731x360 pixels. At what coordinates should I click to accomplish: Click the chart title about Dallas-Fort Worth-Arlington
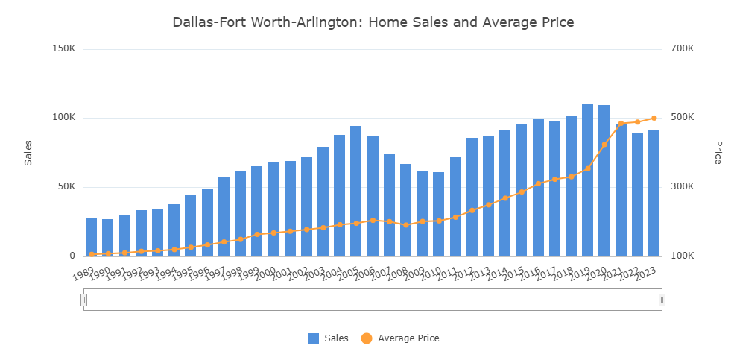pyautogui.click(x=373, y=22)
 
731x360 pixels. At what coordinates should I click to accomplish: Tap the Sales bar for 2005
pyautogui.click(x=355, y=191)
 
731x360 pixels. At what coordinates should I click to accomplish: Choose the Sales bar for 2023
pyautogui.click(x=654, y=193)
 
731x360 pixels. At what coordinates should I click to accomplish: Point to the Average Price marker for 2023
pyautogui.click(x=654, y=118)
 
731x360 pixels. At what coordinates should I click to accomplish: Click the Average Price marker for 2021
pyautogui.click(x=621, y=124)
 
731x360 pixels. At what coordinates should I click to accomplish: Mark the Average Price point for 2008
pyautogui.click(x=405, y=224)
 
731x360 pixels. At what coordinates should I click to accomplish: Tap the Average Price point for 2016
pyautogui.click(x=538, y=183)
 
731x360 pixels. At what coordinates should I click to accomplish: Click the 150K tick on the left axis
pyautogui.click(x=65, y=49)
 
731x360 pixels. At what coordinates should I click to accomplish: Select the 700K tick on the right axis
pyautogui.click(x=682, y=49)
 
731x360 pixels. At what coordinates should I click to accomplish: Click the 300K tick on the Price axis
pyautogui.click(x=682, y=187)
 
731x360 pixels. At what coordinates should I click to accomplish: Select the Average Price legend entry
pyautogui.click(x=400, y=338)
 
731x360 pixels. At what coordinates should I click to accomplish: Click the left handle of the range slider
pyautogui.click(x=83, y=300)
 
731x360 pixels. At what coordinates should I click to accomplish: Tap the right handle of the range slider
pyautogui.click(x=662, y=300)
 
